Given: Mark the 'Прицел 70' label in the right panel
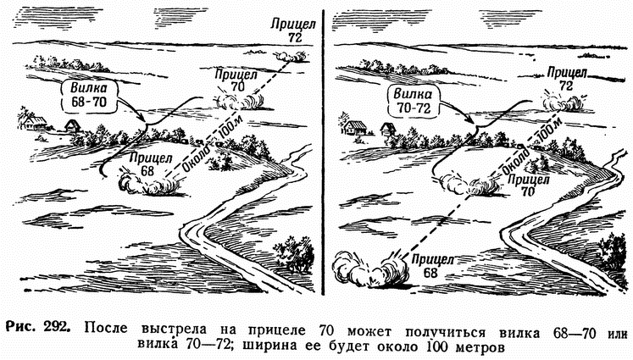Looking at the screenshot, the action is click(530, 185).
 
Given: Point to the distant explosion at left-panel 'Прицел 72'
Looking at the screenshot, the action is click(293, 55).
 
